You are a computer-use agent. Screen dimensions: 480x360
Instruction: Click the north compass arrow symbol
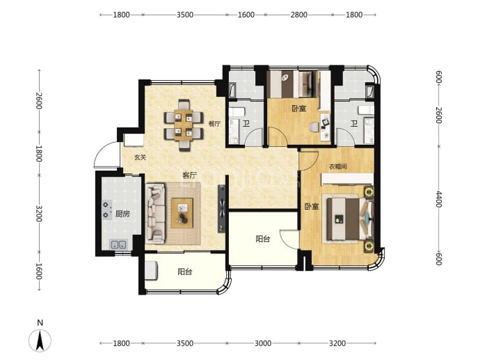tap(40, 340)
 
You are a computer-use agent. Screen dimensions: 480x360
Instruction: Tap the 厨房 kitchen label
tap(122, 214)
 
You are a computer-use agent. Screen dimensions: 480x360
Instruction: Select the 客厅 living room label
tap(189, 175)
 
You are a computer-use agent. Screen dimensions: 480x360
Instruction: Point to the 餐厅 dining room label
tap(214, 124)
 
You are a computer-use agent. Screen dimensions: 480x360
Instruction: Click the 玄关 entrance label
tap(141, 157)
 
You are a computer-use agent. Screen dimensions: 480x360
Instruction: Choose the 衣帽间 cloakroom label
tap(338, 166)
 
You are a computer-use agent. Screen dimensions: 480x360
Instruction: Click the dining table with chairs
tap(184, 125)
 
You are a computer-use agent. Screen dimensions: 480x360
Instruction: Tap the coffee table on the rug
tap(182, 213)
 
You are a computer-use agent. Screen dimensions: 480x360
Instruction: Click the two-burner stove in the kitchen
tap(107, 210)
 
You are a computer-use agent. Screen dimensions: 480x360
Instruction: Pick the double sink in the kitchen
tap(118, 244)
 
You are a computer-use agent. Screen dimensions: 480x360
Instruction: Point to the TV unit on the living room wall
tap(222, 209)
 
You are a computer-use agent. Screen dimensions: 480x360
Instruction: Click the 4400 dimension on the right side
tap(439, 199)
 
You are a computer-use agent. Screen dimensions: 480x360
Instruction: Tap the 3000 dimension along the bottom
tap(263, 343)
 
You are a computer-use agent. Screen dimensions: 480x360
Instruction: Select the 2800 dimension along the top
tap(298, 15)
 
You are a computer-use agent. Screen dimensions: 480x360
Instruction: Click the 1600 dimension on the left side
tap(38, 271)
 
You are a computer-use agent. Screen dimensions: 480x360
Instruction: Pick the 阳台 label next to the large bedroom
tap(263, 239)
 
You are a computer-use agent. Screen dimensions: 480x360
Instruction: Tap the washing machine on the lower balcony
tap(151, 271)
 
